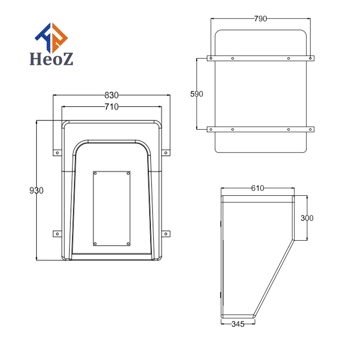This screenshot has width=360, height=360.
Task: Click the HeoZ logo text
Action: click(x=51, y=59)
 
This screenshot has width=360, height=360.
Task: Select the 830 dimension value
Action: click(x=111, y=95)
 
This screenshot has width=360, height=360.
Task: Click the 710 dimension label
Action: click(x=111, y=107)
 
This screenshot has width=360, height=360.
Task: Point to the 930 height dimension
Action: click(x=36, y=190)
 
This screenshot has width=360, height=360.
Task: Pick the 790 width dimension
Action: click(x=261, y=18)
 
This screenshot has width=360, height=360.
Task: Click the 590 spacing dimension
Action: click(x=197, y=94)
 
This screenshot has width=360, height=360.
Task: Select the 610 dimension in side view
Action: click(x=257, y=189)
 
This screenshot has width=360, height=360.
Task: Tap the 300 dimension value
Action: click(x=307, y=218)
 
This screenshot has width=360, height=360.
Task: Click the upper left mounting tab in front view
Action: click(x=57, y=153)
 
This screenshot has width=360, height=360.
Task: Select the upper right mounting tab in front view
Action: click(x=166, y=153)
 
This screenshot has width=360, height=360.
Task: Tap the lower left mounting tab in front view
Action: click(x=57, y=234)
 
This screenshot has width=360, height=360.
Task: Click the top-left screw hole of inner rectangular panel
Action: click(x=95, y=173)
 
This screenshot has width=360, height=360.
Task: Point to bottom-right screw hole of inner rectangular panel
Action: click(x=128, y=243)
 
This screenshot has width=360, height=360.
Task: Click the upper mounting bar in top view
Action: click(x=261, y=58)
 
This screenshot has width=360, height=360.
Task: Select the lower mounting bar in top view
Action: click(x=261, y=129)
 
